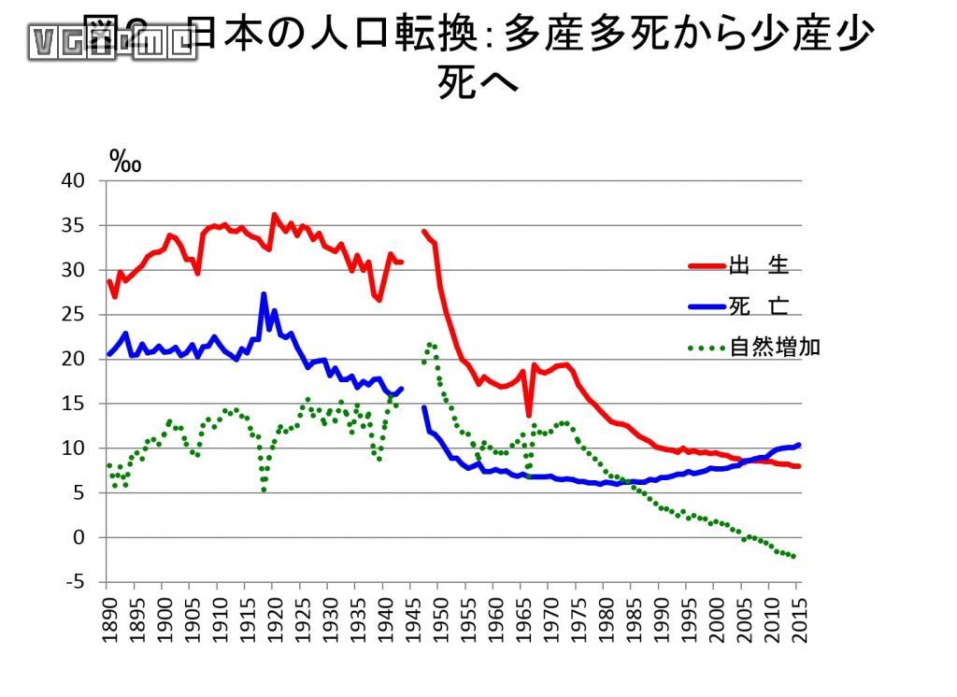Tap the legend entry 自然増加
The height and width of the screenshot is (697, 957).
click(x=774, y=348)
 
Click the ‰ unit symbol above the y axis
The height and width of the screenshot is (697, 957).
click(x=125, y=160)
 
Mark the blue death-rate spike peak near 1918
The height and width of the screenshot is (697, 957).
click(x=264, y=294)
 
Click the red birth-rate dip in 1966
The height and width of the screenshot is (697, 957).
click(x=528, y=415)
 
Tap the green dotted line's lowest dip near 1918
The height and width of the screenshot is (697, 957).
click(x=264, y=489)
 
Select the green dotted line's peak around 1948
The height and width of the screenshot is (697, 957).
click(x=430, y=344)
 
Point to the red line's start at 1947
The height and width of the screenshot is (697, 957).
click(x=424, y=231)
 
